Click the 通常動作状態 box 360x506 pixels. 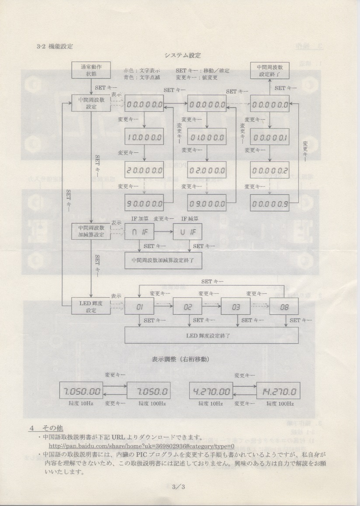click(x=90, y=71)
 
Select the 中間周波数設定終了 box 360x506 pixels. click(x=269, y=71)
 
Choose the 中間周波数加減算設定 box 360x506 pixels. click(x=90, y=231)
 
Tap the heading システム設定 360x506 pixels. click(x=183, y=55)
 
